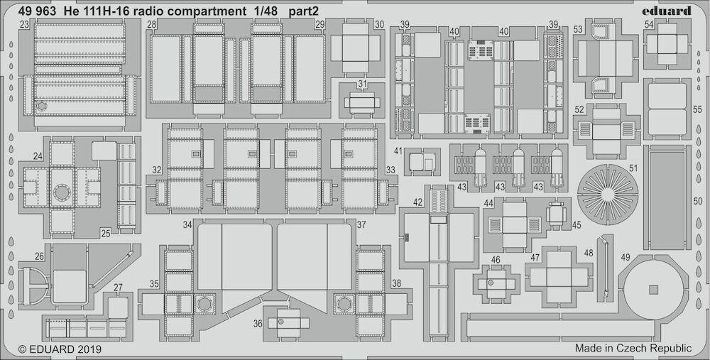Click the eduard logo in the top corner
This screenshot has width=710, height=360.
[x=673, y=11]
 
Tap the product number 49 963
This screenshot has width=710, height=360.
[x=38, y=12]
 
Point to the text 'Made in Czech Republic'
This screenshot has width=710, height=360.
[x=633, y=348]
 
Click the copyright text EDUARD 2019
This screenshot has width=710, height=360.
[x=60, y=349]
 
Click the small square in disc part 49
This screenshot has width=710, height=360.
[x=653, y=289]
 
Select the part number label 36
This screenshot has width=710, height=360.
[x=258, y=324]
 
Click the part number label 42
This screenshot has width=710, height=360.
[x=417, y=202]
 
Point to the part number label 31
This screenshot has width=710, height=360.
[x=362, y=84]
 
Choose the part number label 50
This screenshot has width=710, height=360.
[x=697, y=201]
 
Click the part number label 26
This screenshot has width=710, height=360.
[x=39, y=256]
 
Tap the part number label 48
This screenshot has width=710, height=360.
[x=588, y=253]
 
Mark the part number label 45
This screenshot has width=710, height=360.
[x=577, y=224]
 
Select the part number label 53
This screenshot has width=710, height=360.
[x=578, y=30]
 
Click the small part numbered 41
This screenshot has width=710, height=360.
[x=422, y=162]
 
